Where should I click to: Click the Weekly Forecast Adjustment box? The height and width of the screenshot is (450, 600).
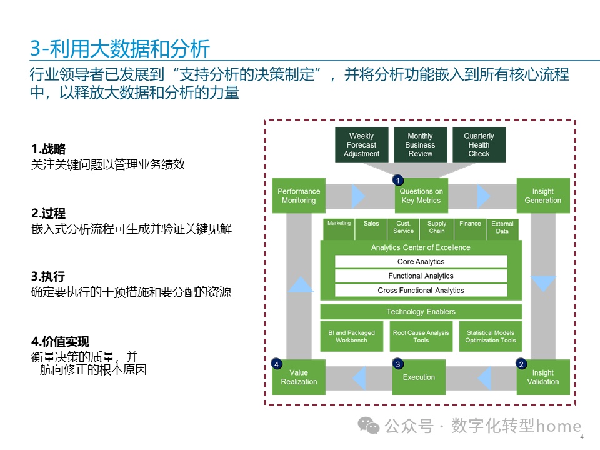362,144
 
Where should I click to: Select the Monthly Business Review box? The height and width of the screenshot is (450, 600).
420,144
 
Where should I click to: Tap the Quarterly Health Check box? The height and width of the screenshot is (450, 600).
479,144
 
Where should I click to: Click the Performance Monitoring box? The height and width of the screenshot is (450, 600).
299,196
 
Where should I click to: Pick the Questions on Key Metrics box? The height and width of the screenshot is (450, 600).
421,196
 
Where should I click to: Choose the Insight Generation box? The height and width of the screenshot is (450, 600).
543,196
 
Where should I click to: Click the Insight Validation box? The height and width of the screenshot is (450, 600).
543,377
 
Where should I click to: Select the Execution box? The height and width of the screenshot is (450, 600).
419,377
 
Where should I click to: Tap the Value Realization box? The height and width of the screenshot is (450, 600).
299,377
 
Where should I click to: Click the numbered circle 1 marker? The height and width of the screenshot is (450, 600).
398,180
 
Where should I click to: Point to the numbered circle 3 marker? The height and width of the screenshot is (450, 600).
398,364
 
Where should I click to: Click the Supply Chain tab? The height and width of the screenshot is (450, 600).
437,229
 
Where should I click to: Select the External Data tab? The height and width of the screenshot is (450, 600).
502,229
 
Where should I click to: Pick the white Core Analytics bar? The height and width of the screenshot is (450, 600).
421,262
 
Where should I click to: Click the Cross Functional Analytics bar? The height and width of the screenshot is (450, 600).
421,291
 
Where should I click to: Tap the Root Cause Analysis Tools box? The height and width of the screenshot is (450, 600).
421,336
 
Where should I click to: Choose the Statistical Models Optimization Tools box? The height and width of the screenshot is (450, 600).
491,336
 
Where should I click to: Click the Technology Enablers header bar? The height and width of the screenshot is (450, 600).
421,312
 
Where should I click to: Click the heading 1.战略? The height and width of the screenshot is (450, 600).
49,149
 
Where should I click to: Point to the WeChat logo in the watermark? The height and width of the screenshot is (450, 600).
368,426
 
